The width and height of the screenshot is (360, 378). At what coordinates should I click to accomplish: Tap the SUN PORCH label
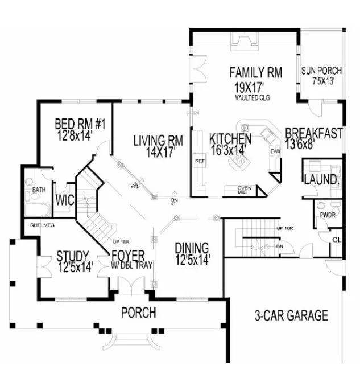[321, 71]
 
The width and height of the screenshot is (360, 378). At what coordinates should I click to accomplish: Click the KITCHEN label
[230, 139]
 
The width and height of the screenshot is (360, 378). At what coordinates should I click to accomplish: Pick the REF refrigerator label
[199, 161]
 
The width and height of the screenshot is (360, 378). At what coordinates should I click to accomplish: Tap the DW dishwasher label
[275, 151]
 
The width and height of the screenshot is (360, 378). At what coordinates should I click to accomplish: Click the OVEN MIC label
[244, 190]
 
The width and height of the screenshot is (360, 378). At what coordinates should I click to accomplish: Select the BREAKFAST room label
[314, 134]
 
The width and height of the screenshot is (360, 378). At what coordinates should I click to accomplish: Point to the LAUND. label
[322, 180]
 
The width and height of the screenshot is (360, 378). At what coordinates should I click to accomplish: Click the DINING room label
[193, 248]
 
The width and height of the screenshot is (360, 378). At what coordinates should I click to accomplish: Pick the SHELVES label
[39, 225]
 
